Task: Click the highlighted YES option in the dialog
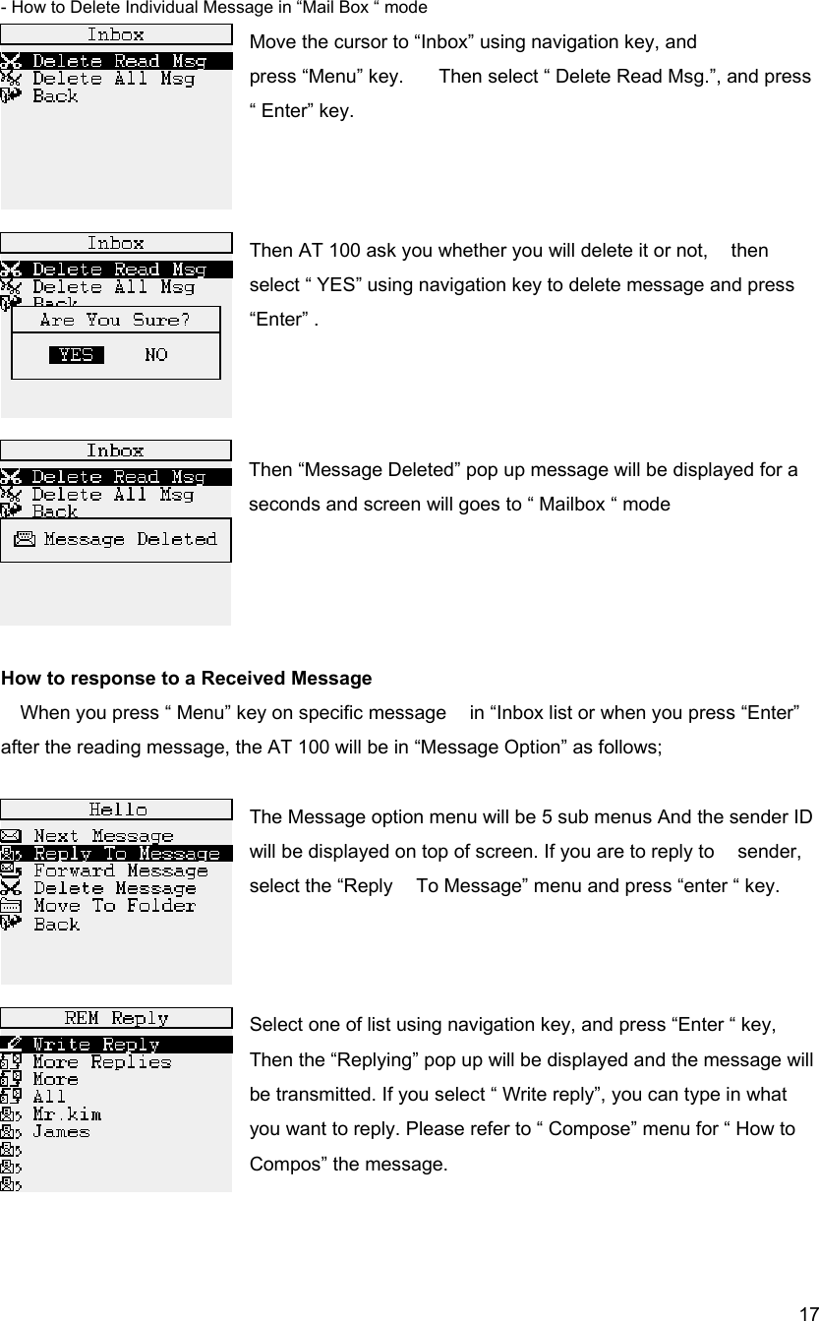(x=77, y=355)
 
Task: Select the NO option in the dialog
(x=155, y=355)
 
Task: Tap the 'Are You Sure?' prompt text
(x=115, y=321)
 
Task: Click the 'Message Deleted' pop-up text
(x=129, y=539)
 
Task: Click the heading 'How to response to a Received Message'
(x=187, y=679)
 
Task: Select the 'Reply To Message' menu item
(x=126, y=853)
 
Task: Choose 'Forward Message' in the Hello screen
(x=120, y=871)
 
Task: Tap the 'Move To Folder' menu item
(x=114, y=906)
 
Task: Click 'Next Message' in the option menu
(x=103, y=836)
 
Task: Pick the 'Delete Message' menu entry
(x=114, y=888)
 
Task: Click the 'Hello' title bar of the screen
(x=118, y=810)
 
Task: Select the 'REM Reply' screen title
(x=116, y=1018)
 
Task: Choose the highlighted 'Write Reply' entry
(x=96, y=1045)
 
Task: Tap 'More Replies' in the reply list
(x=101, y=1062)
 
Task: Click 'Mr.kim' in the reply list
(x=67, y=1115)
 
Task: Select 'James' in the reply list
(x=61, y=1132)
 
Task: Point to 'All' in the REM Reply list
(x=49, y=1097)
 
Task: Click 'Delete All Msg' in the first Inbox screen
(x=113, y=79)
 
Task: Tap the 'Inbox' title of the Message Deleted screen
(x=115, y=450)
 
